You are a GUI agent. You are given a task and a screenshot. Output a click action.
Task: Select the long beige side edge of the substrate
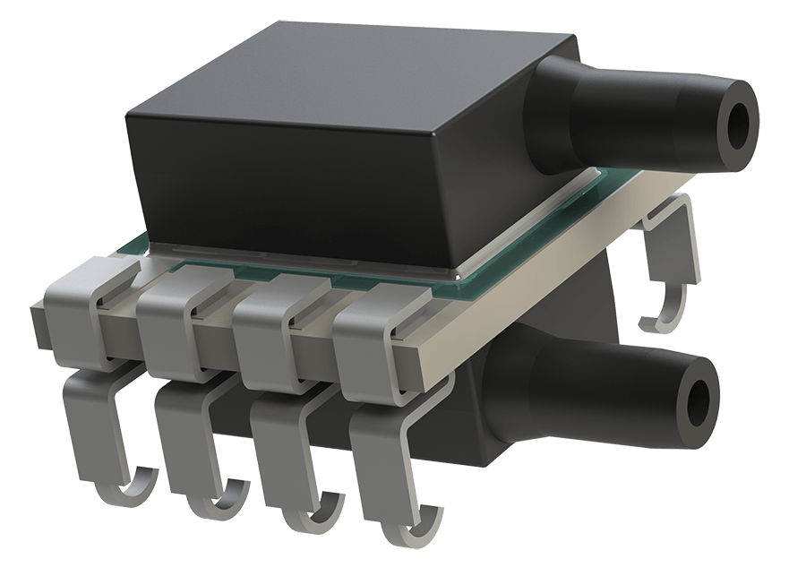(x=555, y=269)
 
